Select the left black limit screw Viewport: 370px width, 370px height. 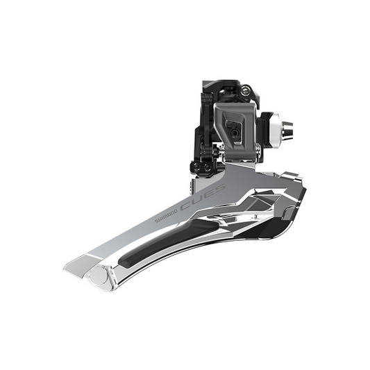(196, 165)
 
